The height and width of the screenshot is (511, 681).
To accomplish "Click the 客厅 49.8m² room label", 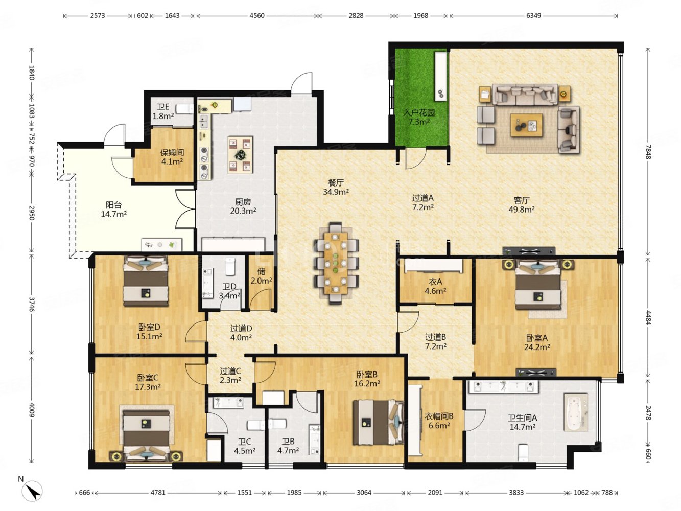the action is pyautogui.click(x=521, y=205).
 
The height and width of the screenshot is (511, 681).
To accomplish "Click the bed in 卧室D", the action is pyautogui.click(x=146, y=281).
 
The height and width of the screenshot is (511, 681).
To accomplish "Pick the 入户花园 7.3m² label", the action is pyautogui.click(x=419, y=117).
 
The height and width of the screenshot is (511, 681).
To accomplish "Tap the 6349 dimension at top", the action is pyautogui.click(x=533, y=15).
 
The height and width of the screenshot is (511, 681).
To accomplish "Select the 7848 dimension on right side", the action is pyautogui.click(x=648, y=152).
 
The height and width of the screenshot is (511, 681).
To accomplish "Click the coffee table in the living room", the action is pyautogui.click(x=527, y=125).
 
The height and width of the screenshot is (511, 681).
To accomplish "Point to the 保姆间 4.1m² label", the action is pyautogui.click(x=172, y=157).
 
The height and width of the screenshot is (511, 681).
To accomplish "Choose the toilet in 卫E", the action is pyautogui.click(x=184, y=109).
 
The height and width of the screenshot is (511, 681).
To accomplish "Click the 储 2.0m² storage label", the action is pyautogui.click(x=261, y=276).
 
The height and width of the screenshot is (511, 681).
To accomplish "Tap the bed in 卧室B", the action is pyautogui.click(x=379, y=422).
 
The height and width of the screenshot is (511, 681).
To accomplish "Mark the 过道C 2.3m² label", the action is pyautogui.click(x=230, y=376).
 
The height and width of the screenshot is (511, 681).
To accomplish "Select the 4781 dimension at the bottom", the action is pyautogui.click(x=158, y=493).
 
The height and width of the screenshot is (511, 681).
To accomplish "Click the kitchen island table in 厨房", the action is pyautogui.click(x=240, y=154).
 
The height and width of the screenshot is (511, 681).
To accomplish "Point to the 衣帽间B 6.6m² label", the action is pyautogui.click(x=439, y=421).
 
